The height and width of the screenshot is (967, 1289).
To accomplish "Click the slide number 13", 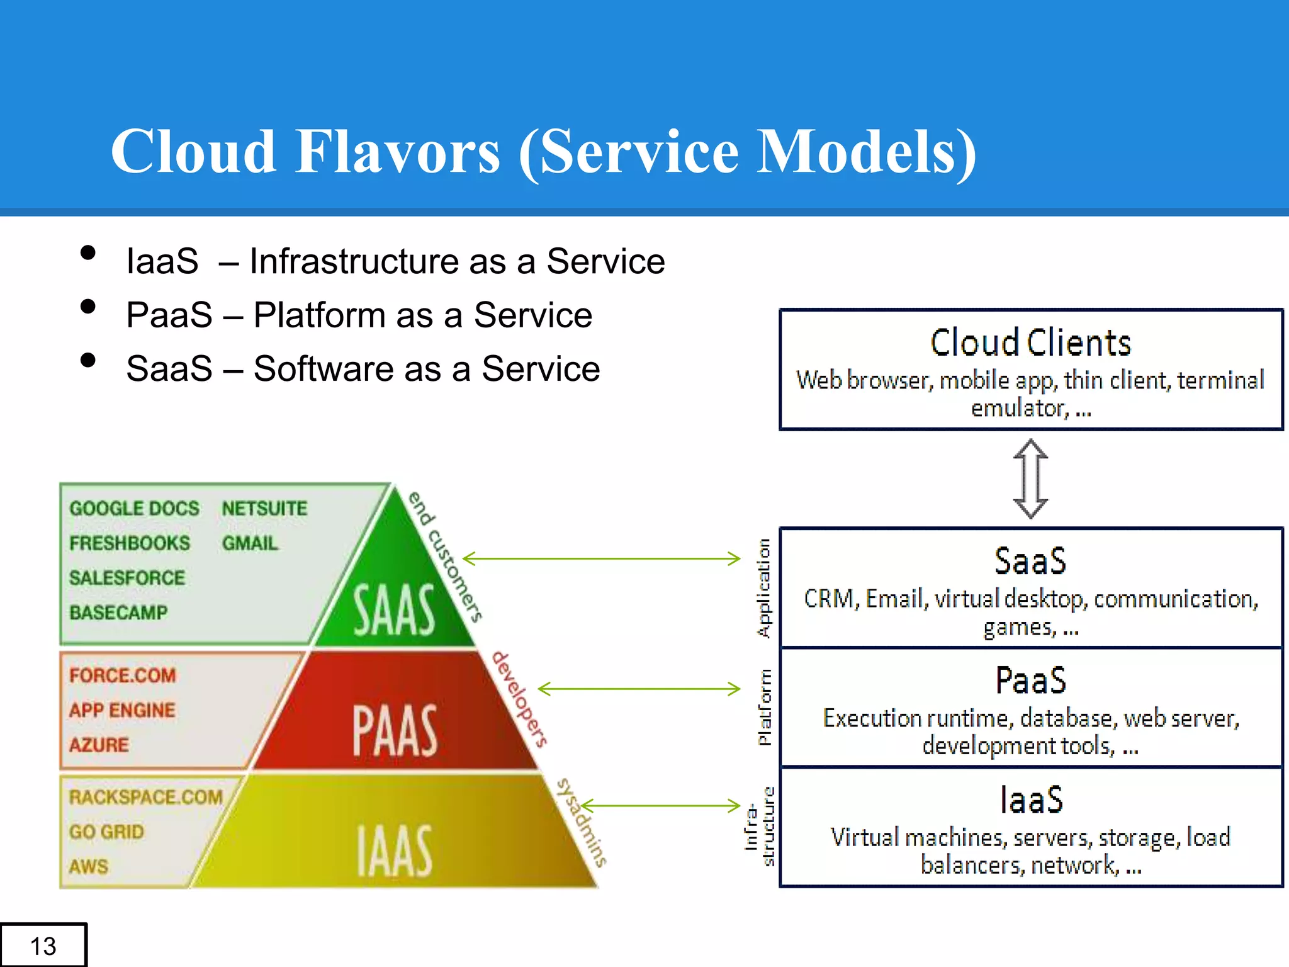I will tap(43, 946).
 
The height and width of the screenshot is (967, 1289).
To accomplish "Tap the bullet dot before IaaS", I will tap(88, 253).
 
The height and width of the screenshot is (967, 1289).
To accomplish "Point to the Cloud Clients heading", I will tap(1030, 343).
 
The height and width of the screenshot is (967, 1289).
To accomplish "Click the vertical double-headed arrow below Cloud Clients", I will tap(1030, 478).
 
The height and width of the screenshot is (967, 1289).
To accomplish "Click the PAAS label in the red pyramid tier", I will tap(394, 730).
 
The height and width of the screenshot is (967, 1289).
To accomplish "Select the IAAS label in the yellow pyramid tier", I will tap(394, 851).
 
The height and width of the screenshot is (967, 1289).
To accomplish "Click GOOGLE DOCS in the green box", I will tap(134, 508).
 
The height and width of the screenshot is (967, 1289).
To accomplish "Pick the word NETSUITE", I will tap(264, 508).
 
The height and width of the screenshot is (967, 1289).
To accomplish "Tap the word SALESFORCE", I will tap(127, 577).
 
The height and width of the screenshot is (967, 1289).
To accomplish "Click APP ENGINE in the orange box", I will tap(122, 710).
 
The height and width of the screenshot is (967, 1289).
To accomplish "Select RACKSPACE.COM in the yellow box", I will tap(146, 797).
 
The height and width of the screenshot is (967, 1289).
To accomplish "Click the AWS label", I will tap(89, 866).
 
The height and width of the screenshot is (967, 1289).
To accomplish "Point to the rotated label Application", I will tap(763, 588).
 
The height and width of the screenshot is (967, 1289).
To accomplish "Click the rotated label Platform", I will tap(764, 708).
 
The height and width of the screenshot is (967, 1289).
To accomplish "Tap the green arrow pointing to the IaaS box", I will tap(661, 805).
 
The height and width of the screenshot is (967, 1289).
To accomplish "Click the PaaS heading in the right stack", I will tap(1030, 681).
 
